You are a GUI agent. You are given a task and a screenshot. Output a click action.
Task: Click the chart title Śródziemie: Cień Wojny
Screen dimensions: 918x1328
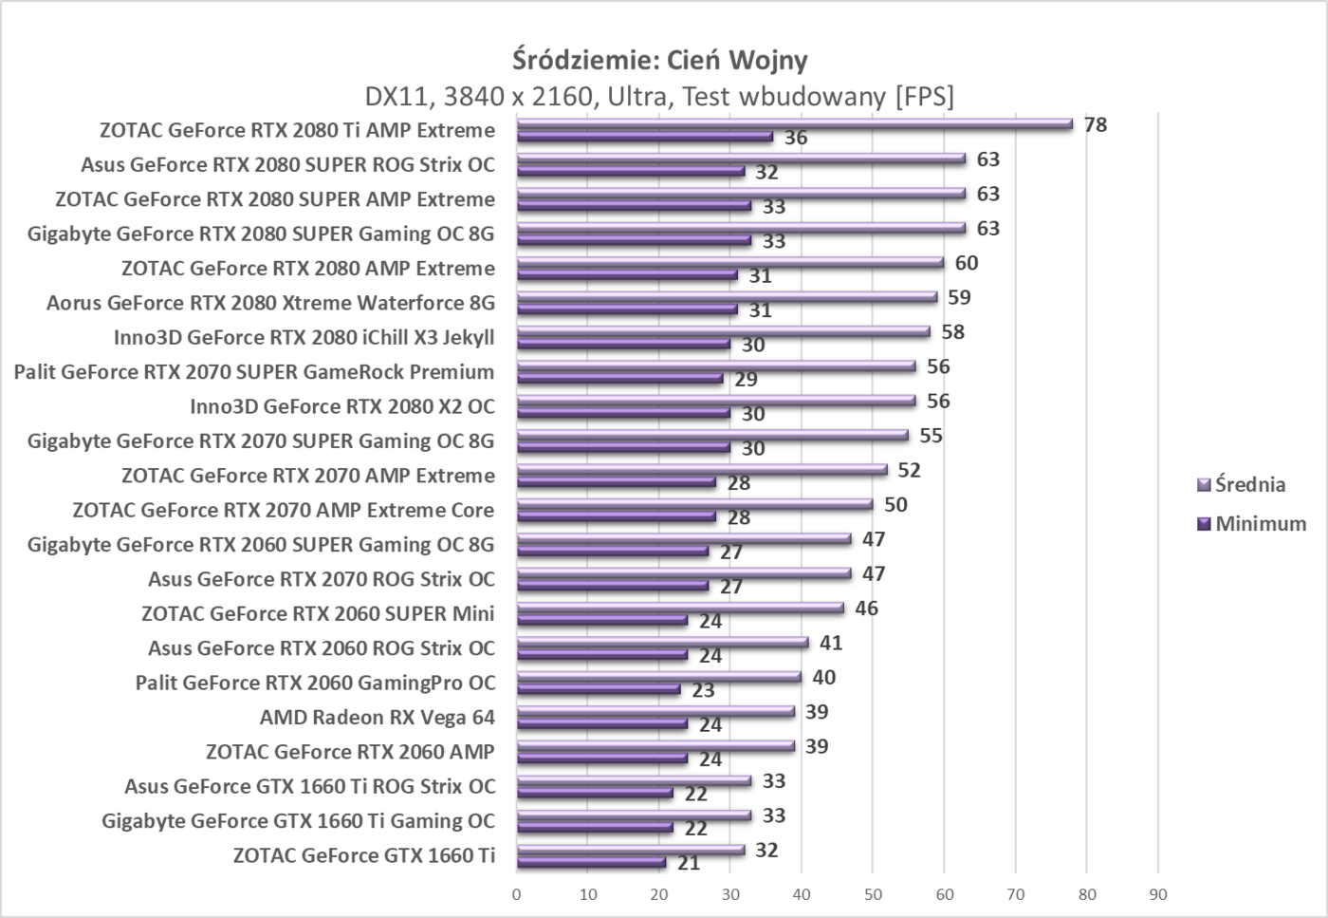660,60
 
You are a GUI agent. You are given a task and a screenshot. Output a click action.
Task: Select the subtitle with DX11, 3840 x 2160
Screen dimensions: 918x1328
660,96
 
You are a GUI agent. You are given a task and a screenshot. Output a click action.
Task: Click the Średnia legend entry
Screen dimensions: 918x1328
1249,484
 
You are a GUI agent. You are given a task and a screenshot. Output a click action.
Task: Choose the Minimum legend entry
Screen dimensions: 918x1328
1260,523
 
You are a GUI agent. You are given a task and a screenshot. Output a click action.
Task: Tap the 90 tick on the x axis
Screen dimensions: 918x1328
1157,894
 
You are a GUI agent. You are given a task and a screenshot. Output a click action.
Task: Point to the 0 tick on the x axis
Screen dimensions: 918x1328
517,894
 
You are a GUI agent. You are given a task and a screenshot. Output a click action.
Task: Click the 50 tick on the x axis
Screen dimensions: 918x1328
873,894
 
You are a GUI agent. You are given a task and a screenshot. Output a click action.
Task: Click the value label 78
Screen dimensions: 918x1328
1096,124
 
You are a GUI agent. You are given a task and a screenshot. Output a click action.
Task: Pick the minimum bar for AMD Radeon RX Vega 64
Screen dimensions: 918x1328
601,724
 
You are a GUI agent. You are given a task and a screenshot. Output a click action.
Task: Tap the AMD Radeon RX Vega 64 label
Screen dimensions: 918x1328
377,717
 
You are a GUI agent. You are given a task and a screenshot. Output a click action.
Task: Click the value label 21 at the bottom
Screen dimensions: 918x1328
689,863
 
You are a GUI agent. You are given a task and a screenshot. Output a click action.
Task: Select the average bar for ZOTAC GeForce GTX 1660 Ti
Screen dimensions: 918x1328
630,850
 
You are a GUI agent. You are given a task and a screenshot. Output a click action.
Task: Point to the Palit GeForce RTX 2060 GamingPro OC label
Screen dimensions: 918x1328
315,683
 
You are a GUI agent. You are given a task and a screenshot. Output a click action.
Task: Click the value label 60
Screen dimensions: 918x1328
967,263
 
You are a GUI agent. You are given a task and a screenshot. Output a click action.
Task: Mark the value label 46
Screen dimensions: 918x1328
866,609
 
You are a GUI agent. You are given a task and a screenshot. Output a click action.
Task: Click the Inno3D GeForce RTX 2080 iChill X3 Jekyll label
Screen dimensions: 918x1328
304,337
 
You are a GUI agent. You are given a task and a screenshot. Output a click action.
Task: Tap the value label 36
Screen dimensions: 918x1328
796,138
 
